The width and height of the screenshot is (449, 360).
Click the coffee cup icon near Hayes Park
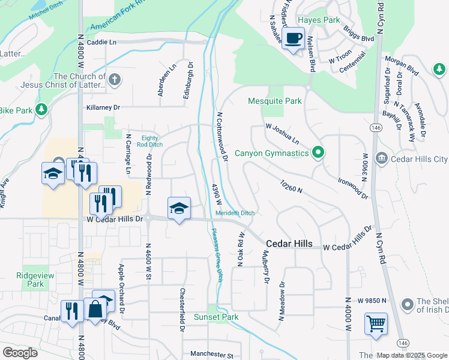click(x=293, y=39)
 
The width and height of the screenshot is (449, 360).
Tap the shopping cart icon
click(x=376, y=324)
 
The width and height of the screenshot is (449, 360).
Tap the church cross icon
click(x=115, y=79)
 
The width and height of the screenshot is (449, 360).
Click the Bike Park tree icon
click(x=41, y=110)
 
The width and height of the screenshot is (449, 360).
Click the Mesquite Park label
click(x=275, y=101)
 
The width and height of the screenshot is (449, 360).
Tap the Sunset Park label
click(x=215, y=317)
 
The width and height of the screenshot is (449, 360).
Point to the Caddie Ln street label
click(x=101, y=43)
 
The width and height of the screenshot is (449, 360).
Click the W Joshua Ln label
click(x=282, y=133)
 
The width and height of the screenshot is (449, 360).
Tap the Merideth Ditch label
click(x=235, y=213)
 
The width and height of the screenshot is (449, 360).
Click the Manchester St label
click(x=211, y=355)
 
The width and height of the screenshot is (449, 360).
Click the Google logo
click(x=20, y=353)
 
